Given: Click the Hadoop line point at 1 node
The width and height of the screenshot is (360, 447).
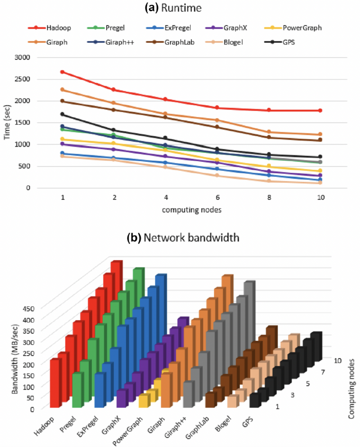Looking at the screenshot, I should click(62, 72).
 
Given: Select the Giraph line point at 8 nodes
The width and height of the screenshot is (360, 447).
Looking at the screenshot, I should click(269, 132).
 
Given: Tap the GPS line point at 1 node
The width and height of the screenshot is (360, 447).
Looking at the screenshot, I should click(62, 114).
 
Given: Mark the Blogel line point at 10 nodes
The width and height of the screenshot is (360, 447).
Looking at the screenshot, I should click(321, 183).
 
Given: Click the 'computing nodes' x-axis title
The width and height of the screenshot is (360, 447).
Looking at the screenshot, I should click(191, 210).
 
